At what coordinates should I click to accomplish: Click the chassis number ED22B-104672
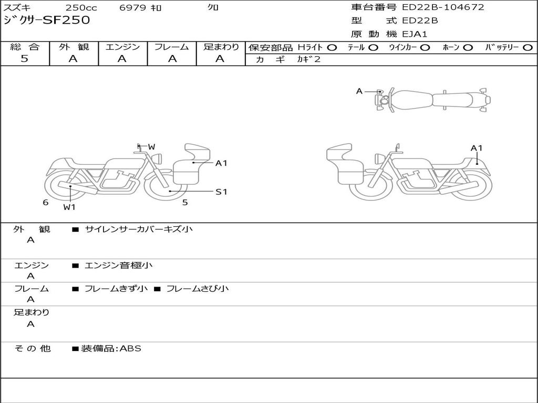443,7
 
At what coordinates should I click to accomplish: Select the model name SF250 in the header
66,20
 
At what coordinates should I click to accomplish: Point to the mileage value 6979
132,7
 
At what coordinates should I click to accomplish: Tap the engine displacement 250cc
81,7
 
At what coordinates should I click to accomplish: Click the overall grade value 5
24,59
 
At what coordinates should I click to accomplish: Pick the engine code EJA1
415,34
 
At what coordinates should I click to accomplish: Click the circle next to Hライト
332,48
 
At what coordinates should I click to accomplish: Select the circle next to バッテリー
527,48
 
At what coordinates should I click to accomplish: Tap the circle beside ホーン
468,48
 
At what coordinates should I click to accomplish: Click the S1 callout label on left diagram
221,192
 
